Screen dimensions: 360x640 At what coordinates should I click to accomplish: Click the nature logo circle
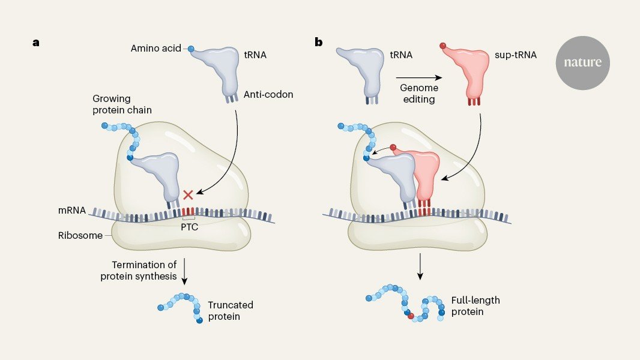click(582, 62)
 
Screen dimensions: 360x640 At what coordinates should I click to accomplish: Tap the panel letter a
click(37, 43)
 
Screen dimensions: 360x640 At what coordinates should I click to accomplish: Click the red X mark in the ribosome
click(189, 194)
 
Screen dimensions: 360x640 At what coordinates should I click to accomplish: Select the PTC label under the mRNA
click(189, 227)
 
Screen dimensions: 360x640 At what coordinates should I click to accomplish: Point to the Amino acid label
click(155, 48)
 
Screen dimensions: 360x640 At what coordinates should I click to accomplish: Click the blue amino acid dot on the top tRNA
click(191, 49)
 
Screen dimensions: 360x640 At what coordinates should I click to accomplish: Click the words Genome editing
click(419, 92)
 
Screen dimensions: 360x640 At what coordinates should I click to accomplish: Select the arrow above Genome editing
click(419, 77)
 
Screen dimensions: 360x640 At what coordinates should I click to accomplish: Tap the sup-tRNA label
click(516, 55)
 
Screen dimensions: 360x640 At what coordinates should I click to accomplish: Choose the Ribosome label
click(80, 236)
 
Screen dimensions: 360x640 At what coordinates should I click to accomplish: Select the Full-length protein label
click(475, 306)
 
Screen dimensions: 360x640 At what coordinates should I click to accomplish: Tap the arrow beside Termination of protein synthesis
click(184, 271)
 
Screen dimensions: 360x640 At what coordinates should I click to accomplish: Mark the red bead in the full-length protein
click(411, 316)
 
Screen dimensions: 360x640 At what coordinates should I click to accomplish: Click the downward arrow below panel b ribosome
click(420, 268)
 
